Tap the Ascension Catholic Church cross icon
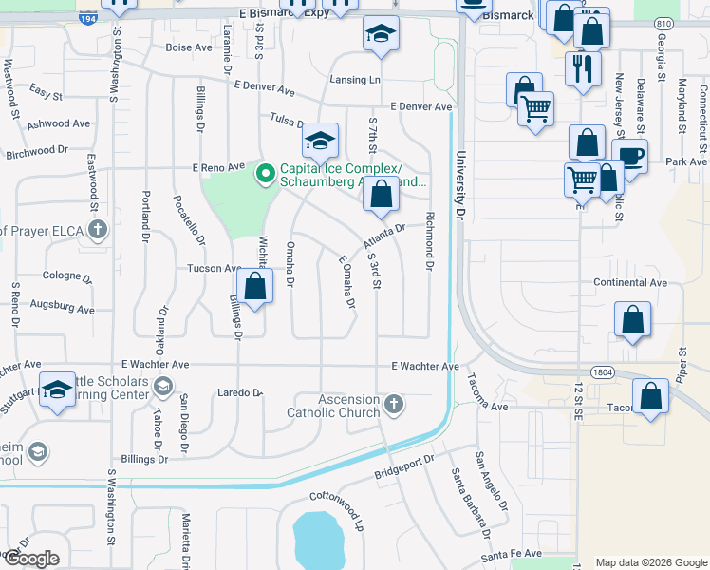[x=394, y=406]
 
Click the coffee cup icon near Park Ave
[x=631, y=155]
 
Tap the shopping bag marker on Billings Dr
[x=254, y=286]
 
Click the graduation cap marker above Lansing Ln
[x=381, y=34]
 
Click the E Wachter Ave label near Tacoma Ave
[x=424, y=366]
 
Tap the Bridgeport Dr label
[x=403, y=465]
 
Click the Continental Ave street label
[x=630, y=283]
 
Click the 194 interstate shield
[x=87, y=18]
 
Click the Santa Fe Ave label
[x=511, y=553]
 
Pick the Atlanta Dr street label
[x=383, y=235]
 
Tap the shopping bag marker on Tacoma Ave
[x=651, y=396]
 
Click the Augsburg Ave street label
[x=62, y=307]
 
